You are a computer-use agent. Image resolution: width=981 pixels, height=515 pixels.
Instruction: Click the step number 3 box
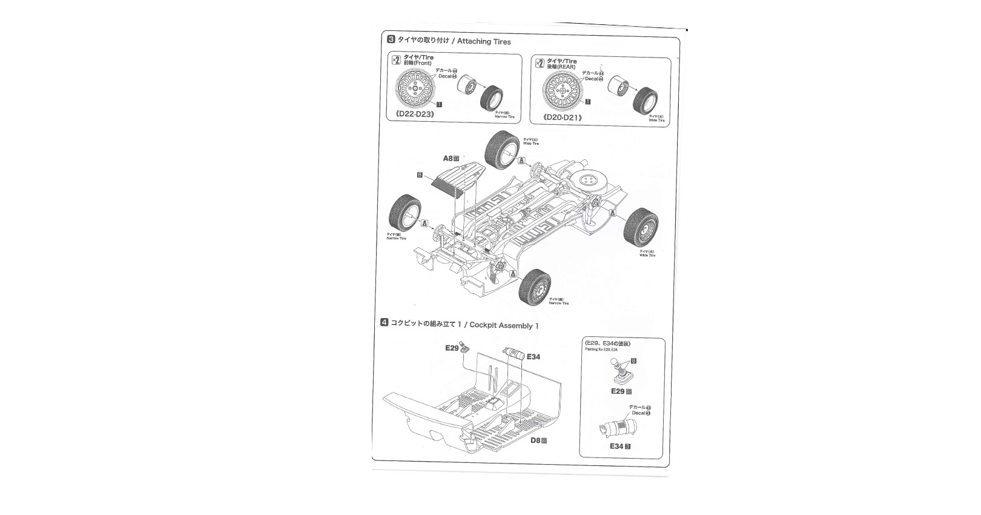point(391,40)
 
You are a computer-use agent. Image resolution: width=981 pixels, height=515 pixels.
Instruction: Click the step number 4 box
point(384,322)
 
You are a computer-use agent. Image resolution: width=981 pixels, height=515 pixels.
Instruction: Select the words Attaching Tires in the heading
point(484,42)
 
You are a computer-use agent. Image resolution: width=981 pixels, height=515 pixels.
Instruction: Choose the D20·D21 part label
point(563,117)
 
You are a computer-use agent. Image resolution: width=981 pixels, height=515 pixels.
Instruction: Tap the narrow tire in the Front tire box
point(490,97)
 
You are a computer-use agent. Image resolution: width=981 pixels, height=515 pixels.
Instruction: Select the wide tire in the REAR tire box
point(646,101)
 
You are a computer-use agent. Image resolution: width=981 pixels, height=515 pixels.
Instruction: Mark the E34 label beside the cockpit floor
point(533,357)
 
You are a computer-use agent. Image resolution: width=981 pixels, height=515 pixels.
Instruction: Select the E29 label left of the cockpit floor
point(452,348)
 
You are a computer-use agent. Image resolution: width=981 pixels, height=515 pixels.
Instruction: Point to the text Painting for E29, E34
point(601,350)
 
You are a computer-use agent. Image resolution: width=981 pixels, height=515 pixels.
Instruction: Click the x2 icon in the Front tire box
point(395,59)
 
